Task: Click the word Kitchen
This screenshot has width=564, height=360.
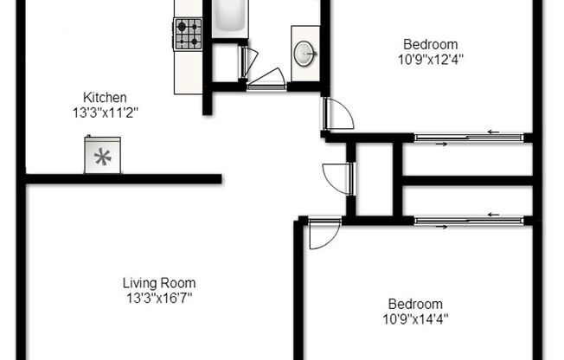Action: tap(105, 97)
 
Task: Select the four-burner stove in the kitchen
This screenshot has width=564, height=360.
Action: tap(188, 33)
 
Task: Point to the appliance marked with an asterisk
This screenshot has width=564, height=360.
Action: tap(104, 157)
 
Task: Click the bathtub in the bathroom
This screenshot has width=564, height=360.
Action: tap(230, 17)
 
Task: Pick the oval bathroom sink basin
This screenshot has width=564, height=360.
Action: tap(305, 54)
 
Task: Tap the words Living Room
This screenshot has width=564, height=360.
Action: tap(158, 283)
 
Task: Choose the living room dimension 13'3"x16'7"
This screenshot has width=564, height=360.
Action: tap(157, 298)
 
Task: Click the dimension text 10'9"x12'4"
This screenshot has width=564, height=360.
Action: tap(431, 59)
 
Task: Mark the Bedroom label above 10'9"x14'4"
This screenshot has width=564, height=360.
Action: tap(415, 304)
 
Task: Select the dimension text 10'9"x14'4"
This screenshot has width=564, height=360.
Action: tap(415, 318)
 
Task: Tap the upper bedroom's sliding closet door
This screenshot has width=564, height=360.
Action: tap(468, 136)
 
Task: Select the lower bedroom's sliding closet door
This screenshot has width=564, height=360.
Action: tap(468, 220)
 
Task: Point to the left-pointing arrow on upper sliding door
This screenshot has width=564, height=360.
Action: tap(493, 132)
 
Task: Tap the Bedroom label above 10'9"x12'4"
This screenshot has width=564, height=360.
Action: tap(431, 44)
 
